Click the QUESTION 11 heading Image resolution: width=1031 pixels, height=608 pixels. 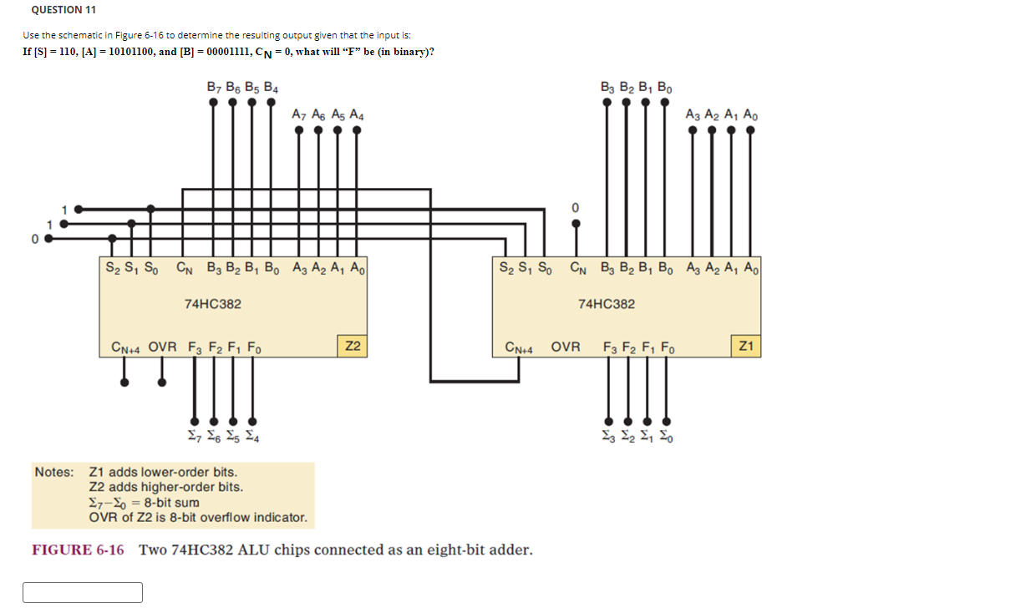pyautogui.click(x=63, y=10)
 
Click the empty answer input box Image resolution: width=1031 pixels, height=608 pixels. pyautogui.click(x=83, y=592)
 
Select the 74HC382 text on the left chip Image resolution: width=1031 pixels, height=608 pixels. pyautogui.click(x=212, y=304)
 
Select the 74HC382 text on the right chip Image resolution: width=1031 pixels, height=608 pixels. pyautogui.click(x=606, y=304)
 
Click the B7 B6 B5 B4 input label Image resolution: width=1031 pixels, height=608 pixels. pyautogui.click(x=242, y=87)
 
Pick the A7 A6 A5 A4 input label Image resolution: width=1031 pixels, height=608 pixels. pyautogui.click(x=327, y=115)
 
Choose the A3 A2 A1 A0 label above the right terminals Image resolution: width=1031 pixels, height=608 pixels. pyautogui.click(x=722, y=115)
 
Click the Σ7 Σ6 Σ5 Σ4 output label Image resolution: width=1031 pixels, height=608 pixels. pyautogui.click(x=222, y=437)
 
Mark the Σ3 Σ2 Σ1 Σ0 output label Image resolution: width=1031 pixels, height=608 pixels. pyautogui.click(x=636, y=437)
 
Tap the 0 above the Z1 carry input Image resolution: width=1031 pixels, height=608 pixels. pyautogui.click(x=575, y=206)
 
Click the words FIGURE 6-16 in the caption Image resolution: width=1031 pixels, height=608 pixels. pyautogui.click(x=78, y=550)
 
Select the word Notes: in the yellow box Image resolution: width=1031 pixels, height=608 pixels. pyautogui.click(x=54, y=473)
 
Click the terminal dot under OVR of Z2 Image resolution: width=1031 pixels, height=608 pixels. pyautogui.click(x=162, y=383)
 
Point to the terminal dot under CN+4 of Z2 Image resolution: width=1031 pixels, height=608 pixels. pyautogui.click(x=125, y=383)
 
